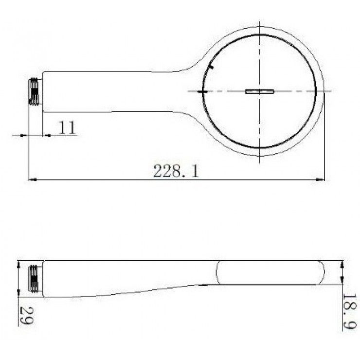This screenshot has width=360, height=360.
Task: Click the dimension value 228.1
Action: pyautogui.click(x=176, y=171)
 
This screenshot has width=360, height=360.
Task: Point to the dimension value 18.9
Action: pyautogui.click(x=349, y=312)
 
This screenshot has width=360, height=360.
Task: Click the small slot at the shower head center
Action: pyautogui.click(x=260, y=90)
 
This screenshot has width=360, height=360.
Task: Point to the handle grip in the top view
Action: pyautogui.click(x=112, y=92)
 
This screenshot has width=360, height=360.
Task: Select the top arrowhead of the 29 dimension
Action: pyautogui.click(x=19, y=263)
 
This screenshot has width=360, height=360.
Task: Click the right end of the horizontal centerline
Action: pyautogui.click(x=332, y=90)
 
